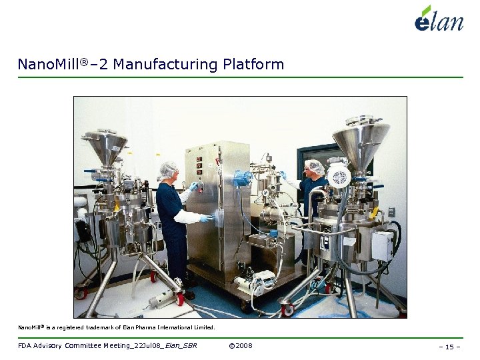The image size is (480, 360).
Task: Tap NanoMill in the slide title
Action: tap(45, 65)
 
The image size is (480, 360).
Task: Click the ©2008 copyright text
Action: tap(240, 345)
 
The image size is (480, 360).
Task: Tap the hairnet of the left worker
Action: tap(169, 169)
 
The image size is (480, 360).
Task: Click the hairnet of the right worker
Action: tap(314, 167)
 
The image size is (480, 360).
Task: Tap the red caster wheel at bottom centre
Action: tap(287, 309)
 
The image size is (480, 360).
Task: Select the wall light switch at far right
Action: tap(392, 211)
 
